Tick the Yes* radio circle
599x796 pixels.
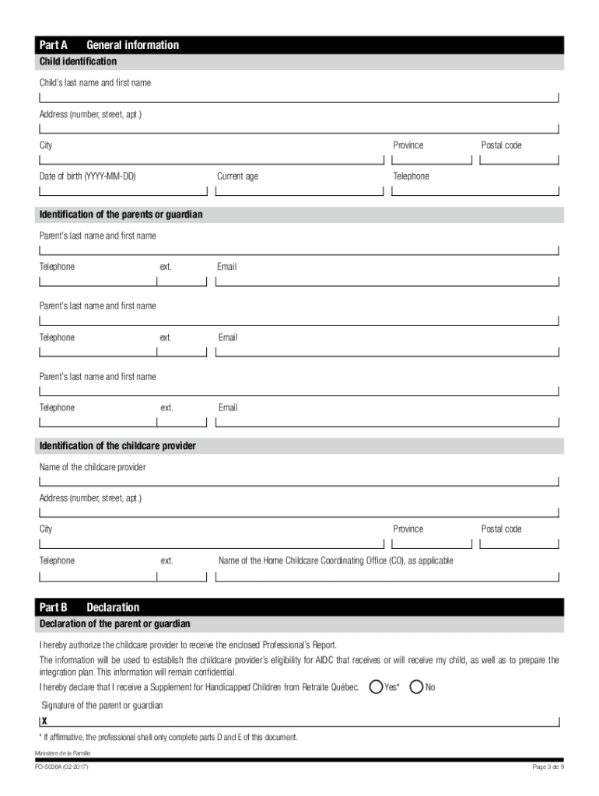click(x=377, y=687)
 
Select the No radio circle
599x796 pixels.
click(x=416, y=687)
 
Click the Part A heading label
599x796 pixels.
click(x=53, y=45)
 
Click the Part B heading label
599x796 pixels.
click(x=54, y=607)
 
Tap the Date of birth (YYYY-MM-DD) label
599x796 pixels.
click(x=88, y=176)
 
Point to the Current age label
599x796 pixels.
click(x=237, y=176)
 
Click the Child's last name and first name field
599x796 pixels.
click(x=299, y=97)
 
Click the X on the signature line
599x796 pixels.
click(x=45, y=721)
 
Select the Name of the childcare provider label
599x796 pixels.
click(x=93, y=467)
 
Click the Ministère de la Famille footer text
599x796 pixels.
click(x=63, y=753)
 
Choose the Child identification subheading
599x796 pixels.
click(x=78, y=61)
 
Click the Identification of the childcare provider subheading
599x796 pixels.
click(x=117, y=446)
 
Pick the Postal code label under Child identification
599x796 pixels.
click(x=501, y=145)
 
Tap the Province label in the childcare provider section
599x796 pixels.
click(x=408, y=529)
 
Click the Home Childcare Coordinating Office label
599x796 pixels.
click(x=335, y=560)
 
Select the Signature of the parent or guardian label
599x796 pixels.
click(x=102, y=705)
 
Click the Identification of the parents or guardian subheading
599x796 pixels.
click(x=121, y=215)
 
